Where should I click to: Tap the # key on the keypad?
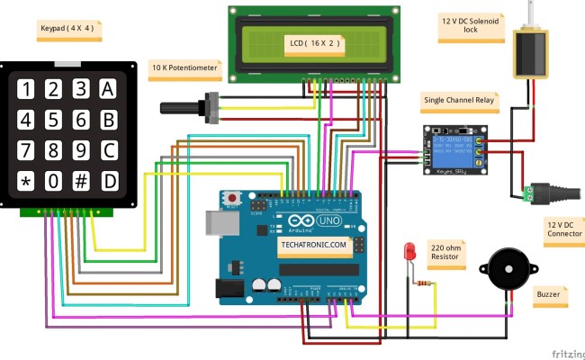tap(81, 180)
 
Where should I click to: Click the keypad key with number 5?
tap(53, 120)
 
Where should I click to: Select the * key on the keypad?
tap(26, 181)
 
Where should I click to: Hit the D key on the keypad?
tap(109, 180)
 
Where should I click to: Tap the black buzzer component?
tap(503, 269)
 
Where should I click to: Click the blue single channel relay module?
tap(454, 148)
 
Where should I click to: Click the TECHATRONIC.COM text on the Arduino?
tap(311, 244)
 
